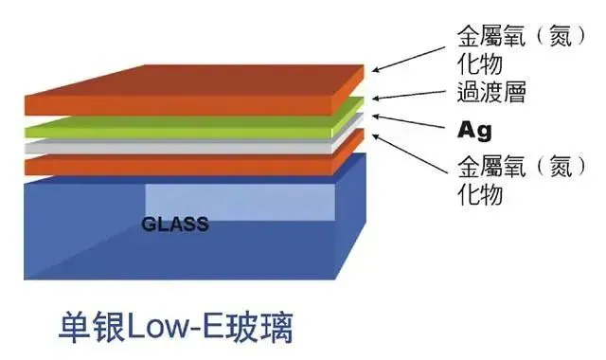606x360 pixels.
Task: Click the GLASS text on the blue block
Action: point(175,225)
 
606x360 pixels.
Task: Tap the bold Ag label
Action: point(474,131)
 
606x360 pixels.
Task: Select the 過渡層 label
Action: point(491,92)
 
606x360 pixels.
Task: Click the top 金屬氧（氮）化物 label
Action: point(522,50)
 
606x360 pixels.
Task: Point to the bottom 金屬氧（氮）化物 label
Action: point(522,180)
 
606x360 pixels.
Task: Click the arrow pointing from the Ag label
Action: point(408,121)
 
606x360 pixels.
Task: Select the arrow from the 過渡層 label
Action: point(409,95)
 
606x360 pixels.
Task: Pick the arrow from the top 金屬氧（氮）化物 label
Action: point(409,60)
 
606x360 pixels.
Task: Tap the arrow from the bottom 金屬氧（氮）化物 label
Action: point(409,153)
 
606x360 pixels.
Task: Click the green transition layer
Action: point(178,128)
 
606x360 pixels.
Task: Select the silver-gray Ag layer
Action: point(178,147)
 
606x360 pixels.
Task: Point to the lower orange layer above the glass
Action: point(178,165)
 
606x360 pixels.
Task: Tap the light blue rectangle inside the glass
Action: point(240,202)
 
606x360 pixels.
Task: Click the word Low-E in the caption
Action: point(182,328)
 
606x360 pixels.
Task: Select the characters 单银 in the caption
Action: point(93,328)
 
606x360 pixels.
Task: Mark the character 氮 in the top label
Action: point(561,38)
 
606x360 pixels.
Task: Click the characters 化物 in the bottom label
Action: point(480,193)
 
